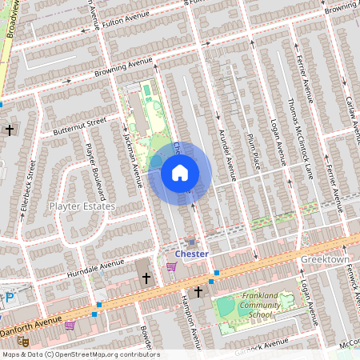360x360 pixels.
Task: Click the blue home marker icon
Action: (180, 172)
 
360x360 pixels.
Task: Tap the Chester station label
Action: (191, 254)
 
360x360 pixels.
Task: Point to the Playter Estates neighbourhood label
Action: (82, 206)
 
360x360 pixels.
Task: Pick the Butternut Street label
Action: (80, 125)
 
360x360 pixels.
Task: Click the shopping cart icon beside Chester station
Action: (171, 266)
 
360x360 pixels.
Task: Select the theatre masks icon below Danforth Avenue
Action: (24, 341)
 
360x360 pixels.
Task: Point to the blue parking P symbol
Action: (9, 298)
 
